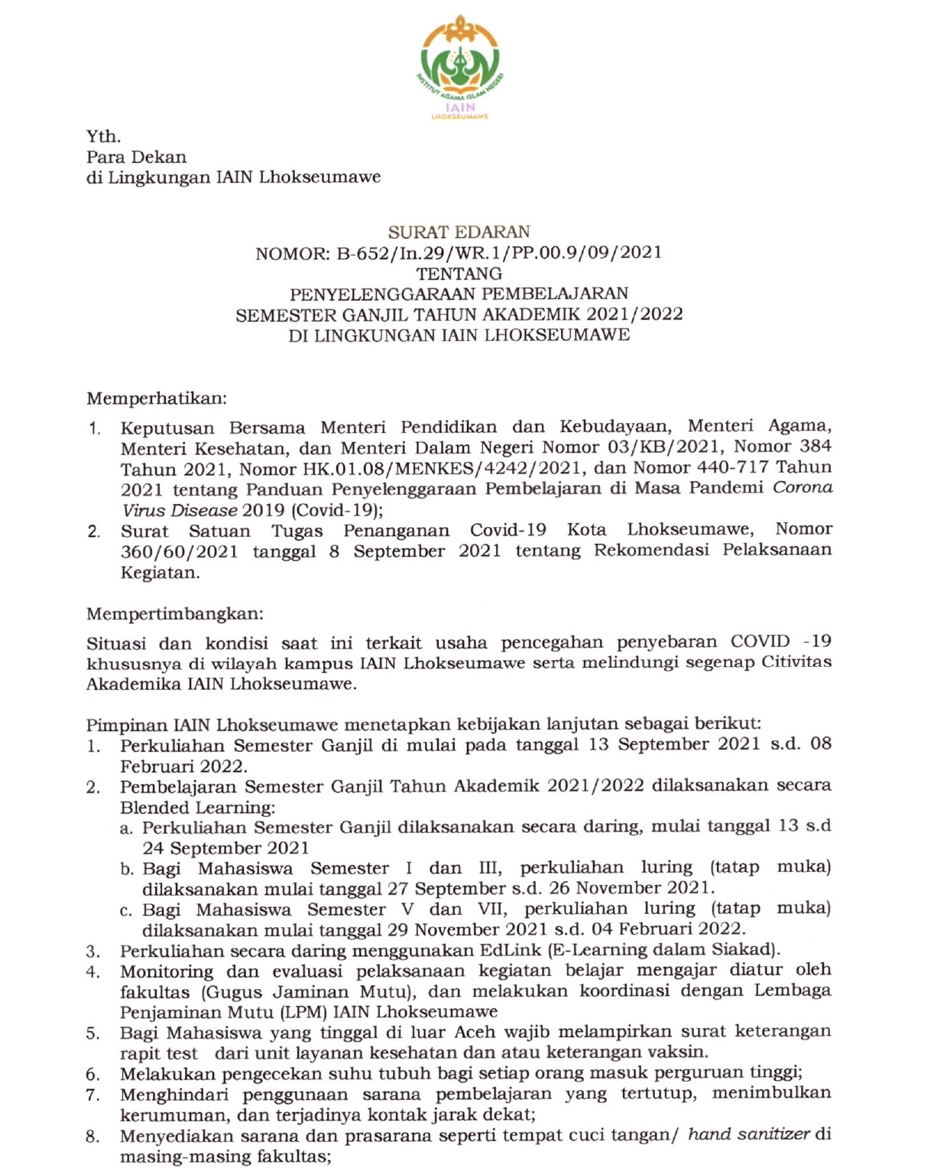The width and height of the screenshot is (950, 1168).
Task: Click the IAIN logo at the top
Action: (459, 67)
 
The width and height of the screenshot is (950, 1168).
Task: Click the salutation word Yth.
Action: (103, 136)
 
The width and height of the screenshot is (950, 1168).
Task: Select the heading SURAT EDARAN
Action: (459, 232)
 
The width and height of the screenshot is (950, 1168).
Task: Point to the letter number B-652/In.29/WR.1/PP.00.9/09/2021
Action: (499, 252)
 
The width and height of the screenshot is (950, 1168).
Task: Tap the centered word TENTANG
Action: (459, 273)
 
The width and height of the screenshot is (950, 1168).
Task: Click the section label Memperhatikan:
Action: (156, 398)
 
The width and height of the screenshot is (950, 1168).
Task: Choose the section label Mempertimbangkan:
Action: (174, 613)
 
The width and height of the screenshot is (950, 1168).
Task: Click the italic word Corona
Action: (802, 487)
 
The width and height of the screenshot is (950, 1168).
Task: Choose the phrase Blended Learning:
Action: (197, 807)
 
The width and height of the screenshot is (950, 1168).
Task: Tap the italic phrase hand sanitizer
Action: (748, 1134)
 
